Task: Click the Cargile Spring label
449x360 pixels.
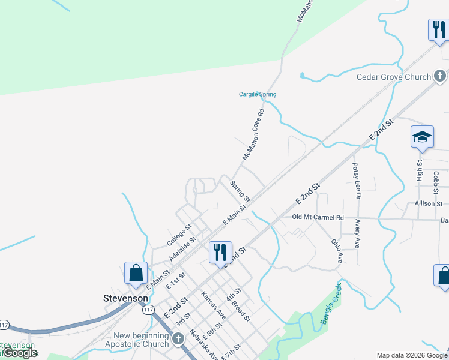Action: coord(258,95)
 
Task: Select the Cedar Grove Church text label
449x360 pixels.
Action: coord(394,77)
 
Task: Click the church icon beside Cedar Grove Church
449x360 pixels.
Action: coord(440,76)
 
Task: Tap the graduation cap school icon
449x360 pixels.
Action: coord(422,137)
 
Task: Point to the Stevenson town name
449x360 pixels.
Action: coord(125,298)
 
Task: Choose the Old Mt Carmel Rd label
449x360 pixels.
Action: coord(318,217)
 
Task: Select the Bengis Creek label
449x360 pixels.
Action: coord(330,304)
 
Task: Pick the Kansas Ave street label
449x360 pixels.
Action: coord(214,305)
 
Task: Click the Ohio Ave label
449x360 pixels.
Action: coord(336,251)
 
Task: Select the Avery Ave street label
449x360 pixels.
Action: coord(357,234)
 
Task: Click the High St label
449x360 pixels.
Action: coord(420,170)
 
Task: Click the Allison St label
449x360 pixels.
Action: coord(429,204)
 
